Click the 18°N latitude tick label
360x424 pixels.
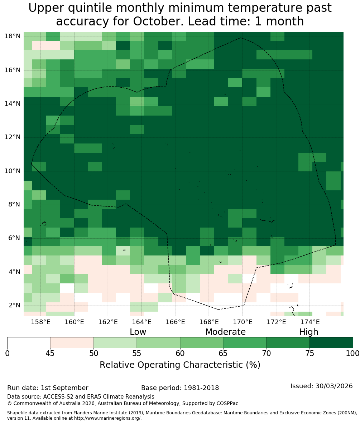[13, 36]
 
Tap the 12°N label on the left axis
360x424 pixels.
[13, 137]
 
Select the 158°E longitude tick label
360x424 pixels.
[41, 322]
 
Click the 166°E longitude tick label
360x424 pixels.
[176, 322]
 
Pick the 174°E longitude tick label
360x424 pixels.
[310, 322]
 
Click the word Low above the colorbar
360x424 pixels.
[138, 332]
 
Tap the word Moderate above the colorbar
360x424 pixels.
[225, 332]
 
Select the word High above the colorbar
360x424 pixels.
[308, 332]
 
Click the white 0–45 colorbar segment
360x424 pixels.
[29, 343]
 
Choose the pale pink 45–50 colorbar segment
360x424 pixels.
[72, 343]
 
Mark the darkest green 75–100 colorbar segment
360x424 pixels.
[331, 343]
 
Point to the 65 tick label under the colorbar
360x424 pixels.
[223, 354]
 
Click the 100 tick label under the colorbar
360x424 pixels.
[353, 354]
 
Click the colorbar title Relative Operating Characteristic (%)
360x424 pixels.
[180, 365]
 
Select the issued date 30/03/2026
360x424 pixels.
[334, 386]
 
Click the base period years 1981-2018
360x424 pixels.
[201, 388]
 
